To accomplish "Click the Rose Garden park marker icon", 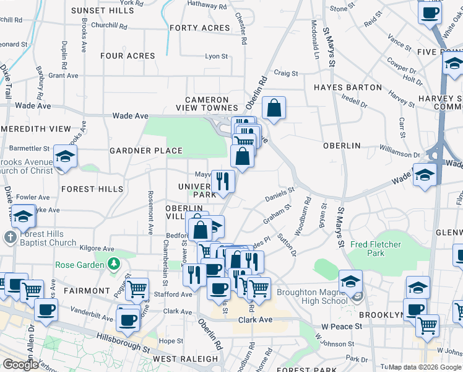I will (x=113, y=265).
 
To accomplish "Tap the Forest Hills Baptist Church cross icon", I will (x=10, y=237).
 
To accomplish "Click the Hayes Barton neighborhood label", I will (x=347, y=87).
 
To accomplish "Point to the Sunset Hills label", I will (x=102, y=11).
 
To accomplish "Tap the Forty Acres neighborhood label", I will (x=200, y=28).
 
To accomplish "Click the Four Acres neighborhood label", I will (x=128, y=56).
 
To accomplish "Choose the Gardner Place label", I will (x=146, y=151).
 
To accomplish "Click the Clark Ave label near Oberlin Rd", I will (x=256, y=320).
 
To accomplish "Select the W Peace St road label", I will (x=341, y=326).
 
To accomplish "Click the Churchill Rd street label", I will (x=109, y=27).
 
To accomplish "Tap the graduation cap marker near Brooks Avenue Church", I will (x=64, y=157).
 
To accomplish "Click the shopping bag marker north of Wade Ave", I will (x=273, y=108).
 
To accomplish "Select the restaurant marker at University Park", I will (x=223, y=181).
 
